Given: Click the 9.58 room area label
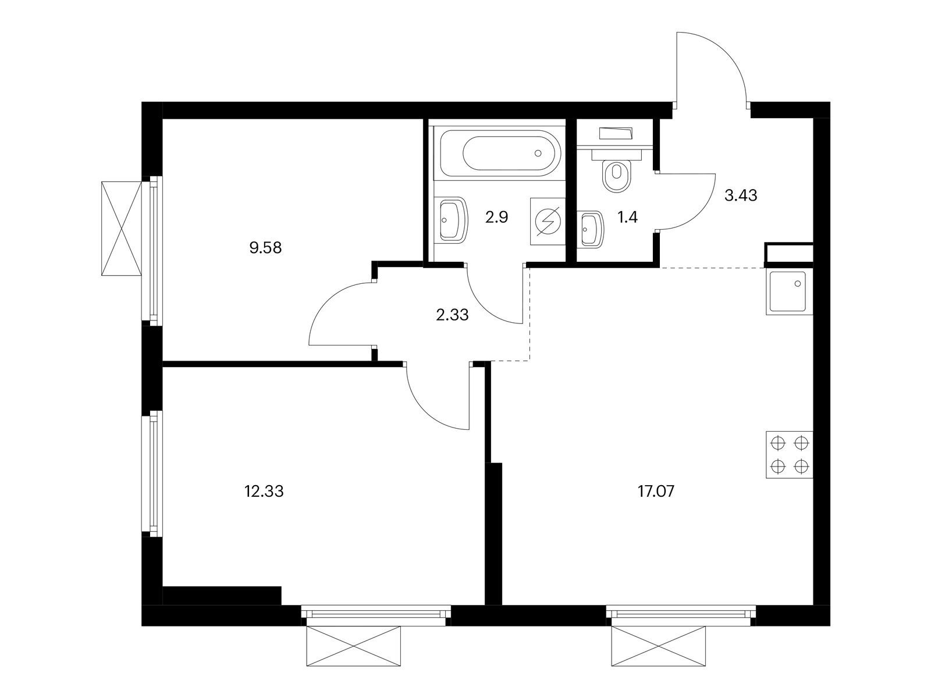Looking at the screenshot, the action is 265,248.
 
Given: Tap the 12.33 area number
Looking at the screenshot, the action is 264,492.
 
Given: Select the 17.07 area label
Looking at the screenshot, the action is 656,492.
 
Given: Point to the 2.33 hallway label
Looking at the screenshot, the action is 452,315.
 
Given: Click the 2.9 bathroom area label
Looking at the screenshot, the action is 497,217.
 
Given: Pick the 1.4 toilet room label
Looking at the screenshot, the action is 627,218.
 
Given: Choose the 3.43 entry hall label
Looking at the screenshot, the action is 741,195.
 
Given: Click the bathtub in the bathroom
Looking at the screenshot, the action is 500,153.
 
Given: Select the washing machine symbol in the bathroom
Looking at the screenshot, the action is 548,221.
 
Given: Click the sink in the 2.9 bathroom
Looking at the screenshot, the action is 453,219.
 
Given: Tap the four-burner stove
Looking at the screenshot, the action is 789,455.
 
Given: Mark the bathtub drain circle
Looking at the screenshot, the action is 538,153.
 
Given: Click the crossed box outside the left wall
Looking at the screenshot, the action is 121,229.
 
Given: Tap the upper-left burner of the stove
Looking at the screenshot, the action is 777,443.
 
